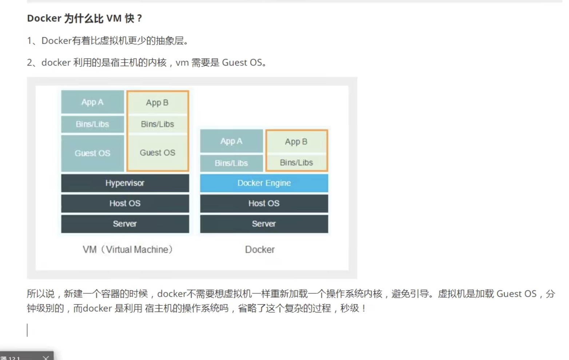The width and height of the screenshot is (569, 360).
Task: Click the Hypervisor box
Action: (x=125, y=183)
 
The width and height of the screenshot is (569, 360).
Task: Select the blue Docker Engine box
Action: (x=264, y=183)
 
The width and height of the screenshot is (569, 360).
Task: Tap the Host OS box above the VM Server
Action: (x=125, y=203)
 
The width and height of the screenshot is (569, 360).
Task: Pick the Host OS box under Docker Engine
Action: (x=264, y=203)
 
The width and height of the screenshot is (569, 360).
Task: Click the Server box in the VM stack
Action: (x=125, y=224)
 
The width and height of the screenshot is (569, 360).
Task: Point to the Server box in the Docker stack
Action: (x=264, y=224)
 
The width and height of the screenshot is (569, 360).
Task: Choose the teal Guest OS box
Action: (x=92, y=153)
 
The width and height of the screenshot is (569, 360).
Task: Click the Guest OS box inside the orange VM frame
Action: (x=158, y=153)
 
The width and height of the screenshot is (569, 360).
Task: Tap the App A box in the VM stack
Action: (x=92, y=102)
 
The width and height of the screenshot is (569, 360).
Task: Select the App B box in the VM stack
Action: (x=158, y=103)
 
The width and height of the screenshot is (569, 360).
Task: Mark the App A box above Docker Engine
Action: (x=231, y=141)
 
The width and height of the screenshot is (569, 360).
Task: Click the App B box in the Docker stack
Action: (x=297, y=142)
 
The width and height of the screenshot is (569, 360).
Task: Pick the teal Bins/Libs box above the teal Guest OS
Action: (x=92, y=124)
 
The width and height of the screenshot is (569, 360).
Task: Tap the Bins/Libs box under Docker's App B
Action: (x=297, y=163)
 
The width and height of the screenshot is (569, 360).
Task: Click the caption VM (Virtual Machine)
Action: (x=128, y=249)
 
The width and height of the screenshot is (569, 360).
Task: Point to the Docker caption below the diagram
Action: (x=260, y=249)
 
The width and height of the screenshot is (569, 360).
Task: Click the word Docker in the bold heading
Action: (x=44, y=18)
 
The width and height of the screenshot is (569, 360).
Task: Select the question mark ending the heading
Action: (x=139, y=18)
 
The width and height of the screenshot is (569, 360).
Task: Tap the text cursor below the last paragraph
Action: (x=27, y=330)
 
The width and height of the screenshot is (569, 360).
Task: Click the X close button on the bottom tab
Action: (x=46, y=357)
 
